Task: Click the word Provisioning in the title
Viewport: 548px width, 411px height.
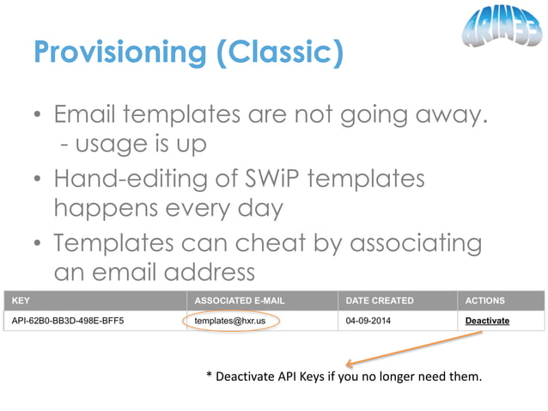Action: [119, 53]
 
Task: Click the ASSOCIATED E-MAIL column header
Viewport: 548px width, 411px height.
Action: [240, 301]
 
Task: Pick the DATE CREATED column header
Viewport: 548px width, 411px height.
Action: [380, 301]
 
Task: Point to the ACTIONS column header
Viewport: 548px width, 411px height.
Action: [484, 301]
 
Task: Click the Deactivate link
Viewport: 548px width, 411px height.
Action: [487, 321]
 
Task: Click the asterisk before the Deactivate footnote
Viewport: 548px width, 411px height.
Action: [209, 376]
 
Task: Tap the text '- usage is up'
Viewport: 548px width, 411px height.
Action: [132, 144]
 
